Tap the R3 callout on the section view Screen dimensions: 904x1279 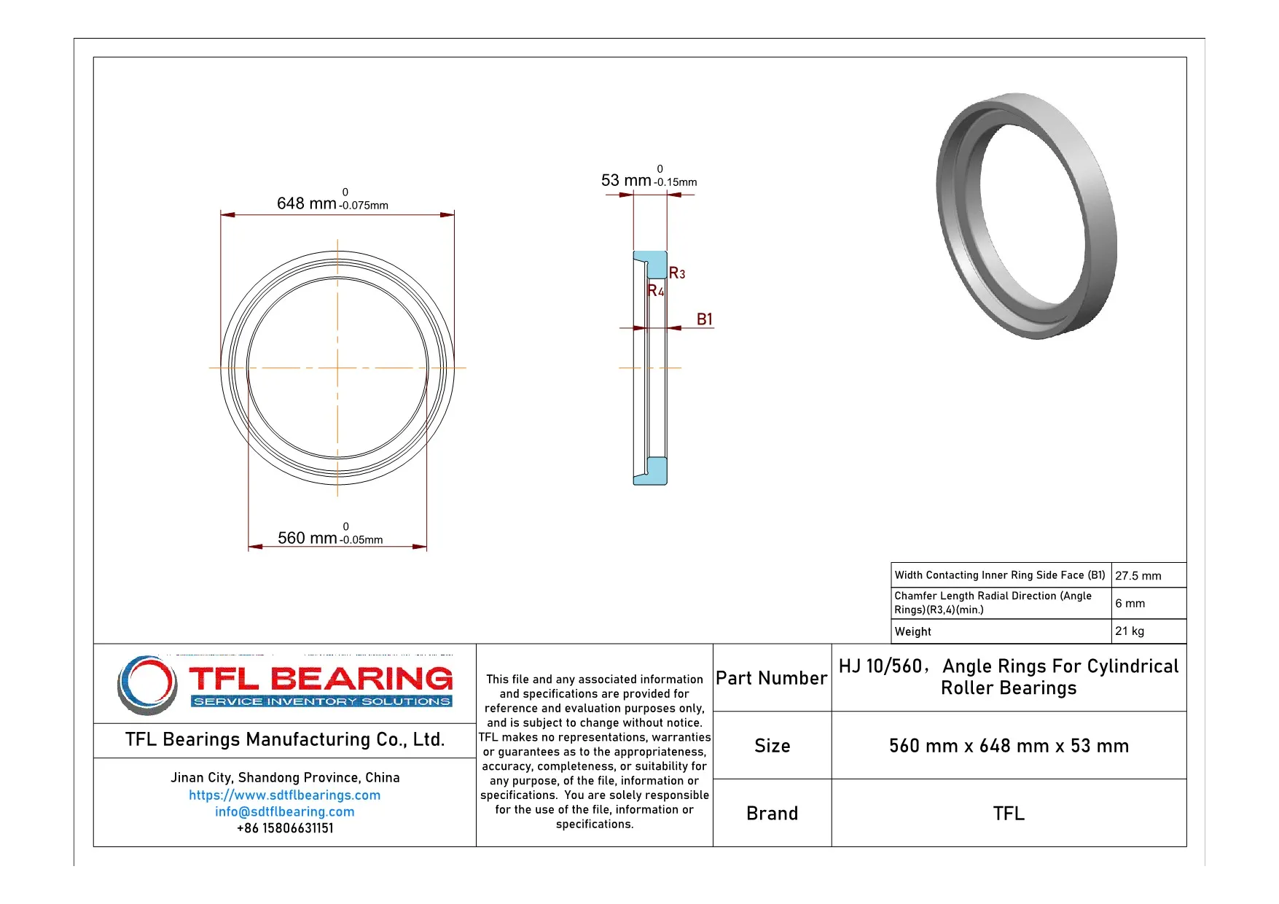pos(677,273)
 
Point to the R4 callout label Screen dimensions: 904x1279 pos(655,290)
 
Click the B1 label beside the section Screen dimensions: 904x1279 pos(704,319)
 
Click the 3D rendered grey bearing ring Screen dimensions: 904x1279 pos(1025,215)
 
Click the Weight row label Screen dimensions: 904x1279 pos(913,631)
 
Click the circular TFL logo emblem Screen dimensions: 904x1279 pos(147,685)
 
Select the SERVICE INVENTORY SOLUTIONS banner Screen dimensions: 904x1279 pos(321,701)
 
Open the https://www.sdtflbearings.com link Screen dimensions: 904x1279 pos(284,795)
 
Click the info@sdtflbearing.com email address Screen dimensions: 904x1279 pos(284,811)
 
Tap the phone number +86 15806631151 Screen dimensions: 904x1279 pos(284,828)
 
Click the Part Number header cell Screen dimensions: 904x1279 pos(771,678)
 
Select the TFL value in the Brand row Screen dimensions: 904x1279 pos(1009,813)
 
